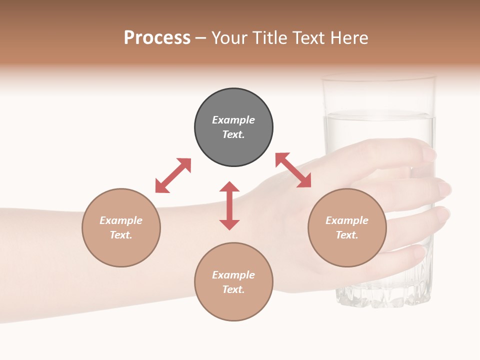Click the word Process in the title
(x=157, y=38)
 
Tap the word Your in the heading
(x=229, y=38)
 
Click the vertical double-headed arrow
(x=229, y=205)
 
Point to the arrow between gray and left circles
(x=173, y=175)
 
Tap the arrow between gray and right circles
(x=293, y=170)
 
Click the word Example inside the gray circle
(x=233, y=120)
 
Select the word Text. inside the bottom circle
(x=233, y=289)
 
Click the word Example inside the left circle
(x=121, y=220)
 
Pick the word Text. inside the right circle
(x=347, y=235)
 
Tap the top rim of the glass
(x=378, y=77)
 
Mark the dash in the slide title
(x=201, y=38)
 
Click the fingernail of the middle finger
(x=444, y=189)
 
